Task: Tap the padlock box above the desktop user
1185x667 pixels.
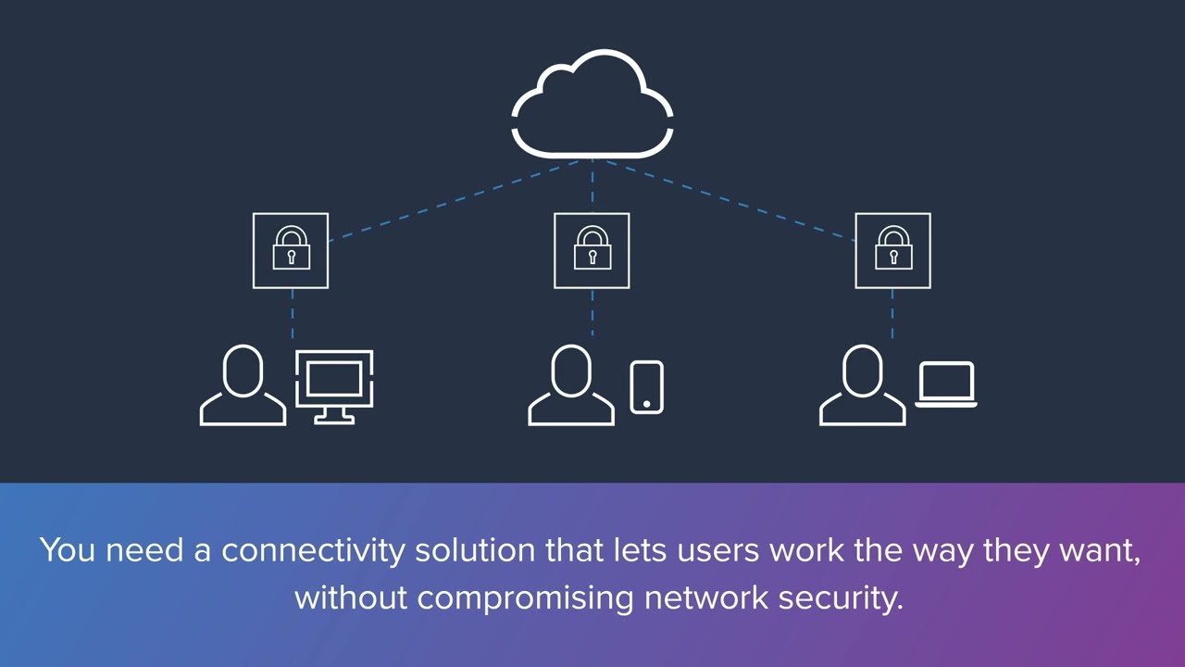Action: click(x=291, y=250)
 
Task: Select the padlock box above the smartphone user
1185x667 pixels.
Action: click(x=592, y=250)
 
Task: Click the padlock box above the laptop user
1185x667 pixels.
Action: click(x=892, y=250)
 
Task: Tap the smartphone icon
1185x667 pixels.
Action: click(x=646, y=387)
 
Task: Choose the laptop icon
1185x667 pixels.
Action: click(x=946, y=384)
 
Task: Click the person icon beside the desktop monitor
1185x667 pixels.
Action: click(x=243, y=386)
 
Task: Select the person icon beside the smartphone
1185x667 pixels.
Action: click(x=571, y=386)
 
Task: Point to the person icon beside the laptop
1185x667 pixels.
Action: click(x=862, y=386)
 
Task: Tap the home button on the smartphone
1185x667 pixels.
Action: click(x=646, y=404)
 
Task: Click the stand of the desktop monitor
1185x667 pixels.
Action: click(x=334, y=416)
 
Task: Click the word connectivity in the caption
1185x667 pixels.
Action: click(x=314, y=550)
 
